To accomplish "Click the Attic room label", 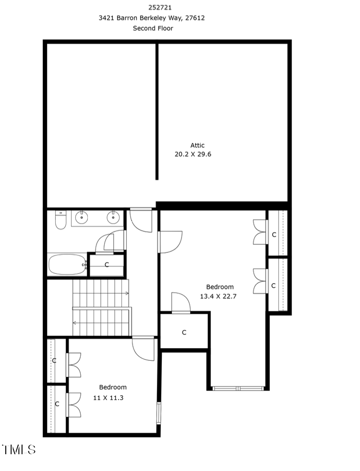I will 197,145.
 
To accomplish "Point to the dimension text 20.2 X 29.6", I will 192,154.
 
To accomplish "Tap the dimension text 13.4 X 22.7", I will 218,296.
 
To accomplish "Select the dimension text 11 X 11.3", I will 108,398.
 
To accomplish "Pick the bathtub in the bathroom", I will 67,264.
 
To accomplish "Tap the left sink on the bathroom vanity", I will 82,218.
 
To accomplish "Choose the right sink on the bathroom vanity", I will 113,218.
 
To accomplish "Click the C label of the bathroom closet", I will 107,265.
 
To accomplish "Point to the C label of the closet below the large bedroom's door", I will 184,332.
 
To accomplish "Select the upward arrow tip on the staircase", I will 127,293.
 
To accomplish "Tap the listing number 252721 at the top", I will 153,7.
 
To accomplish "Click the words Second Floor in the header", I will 153,28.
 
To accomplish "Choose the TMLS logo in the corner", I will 19,449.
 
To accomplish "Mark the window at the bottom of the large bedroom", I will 238,388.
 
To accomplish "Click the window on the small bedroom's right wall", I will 158,413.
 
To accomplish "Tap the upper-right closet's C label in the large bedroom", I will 274,235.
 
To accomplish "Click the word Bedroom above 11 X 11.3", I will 113,387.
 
